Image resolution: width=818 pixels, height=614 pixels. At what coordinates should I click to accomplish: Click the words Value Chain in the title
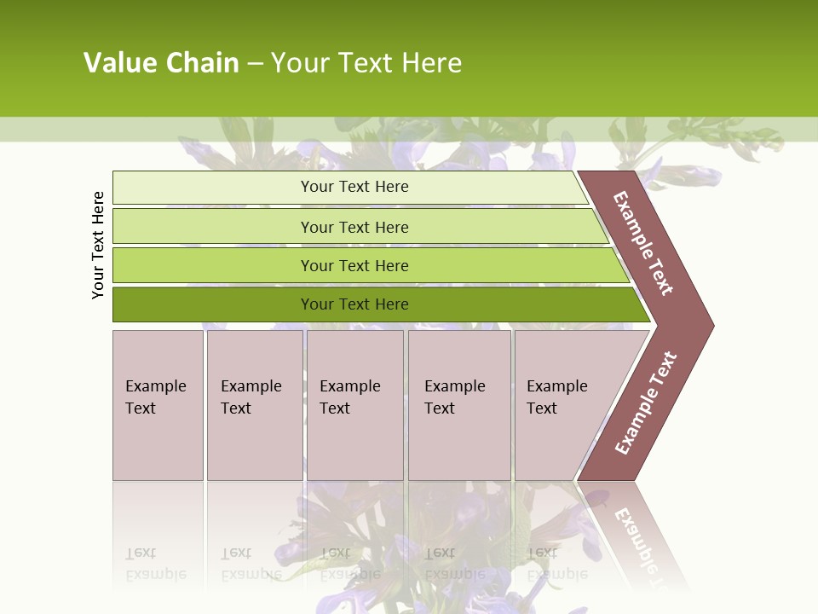click(161, 63)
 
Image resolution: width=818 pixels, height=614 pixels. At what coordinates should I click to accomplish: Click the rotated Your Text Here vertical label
click(98, 245)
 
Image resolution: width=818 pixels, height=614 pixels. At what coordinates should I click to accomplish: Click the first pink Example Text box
click(158, 405)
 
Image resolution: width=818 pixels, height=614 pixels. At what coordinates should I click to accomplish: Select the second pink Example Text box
click(255, 405)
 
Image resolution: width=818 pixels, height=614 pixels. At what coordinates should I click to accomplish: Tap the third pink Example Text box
click(354, 405)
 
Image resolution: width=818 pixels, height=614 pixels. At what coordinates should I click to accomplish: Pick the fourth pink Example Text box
click(459, 405)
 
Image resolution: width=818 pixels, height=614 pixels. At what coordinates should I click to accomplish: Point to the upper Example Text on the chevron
click(644, 244)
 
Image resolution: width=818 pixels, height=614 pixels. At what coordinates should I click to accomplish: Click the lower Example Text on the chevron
click(646, 403)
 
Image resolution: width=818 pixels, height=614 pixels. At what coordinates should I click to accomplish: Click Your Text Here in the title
click(366, 63)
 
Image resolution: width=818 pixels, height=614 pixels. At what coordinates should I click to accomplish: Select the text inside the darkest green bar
click(354, 304)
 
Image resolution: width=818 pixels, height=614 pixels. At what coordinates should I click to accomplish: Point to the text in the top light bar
click(354, 187)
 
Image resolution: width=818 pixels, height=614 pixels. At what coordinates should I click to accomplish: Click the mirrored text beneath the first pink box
click(155, 564)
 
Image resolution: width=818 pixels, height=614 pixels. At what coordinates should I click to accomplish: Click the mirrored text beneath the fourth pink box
click(454, 564)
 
